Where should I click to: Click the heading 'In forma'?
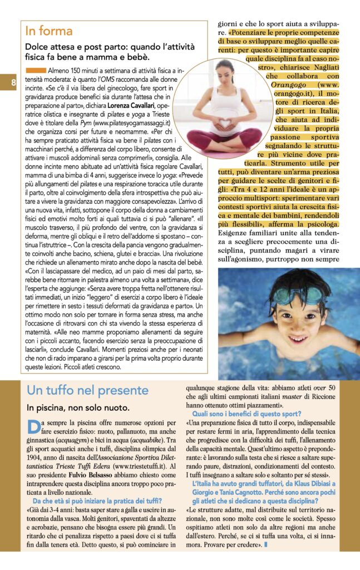coord(49,31)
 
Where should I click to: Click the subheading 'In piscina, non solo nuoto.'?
coord(78,408)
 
